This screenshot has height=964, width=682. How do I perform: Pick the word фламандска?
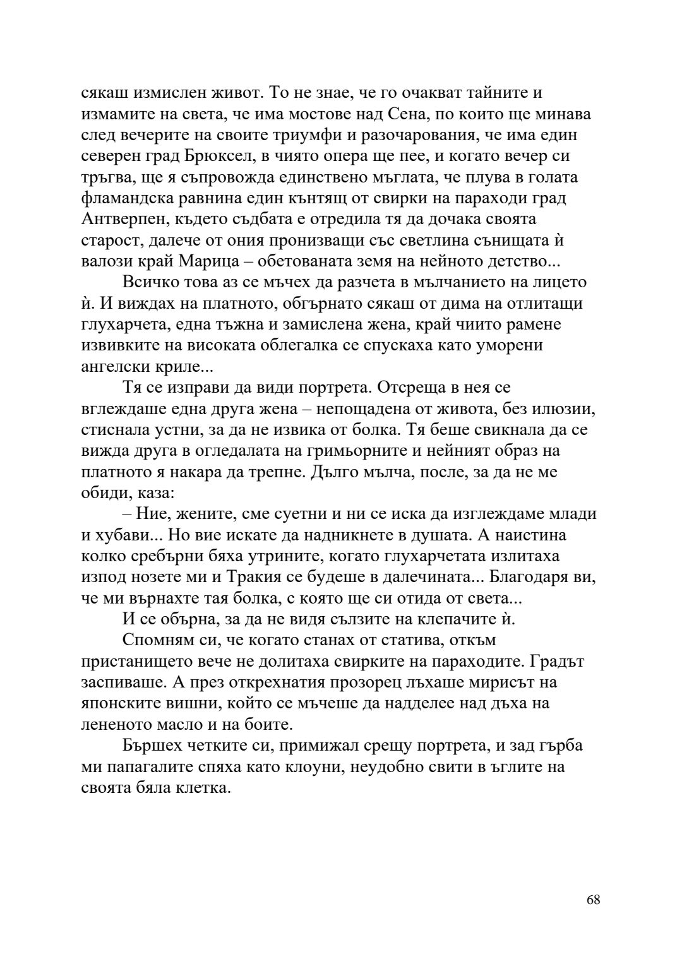point(129,198)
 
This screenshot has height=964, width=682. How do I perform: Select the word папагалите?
point(147,767)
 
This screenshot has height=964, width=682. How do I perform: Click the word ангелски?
point(118,367)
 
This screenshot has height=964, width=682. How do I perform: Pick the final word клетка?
point(203,788)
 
